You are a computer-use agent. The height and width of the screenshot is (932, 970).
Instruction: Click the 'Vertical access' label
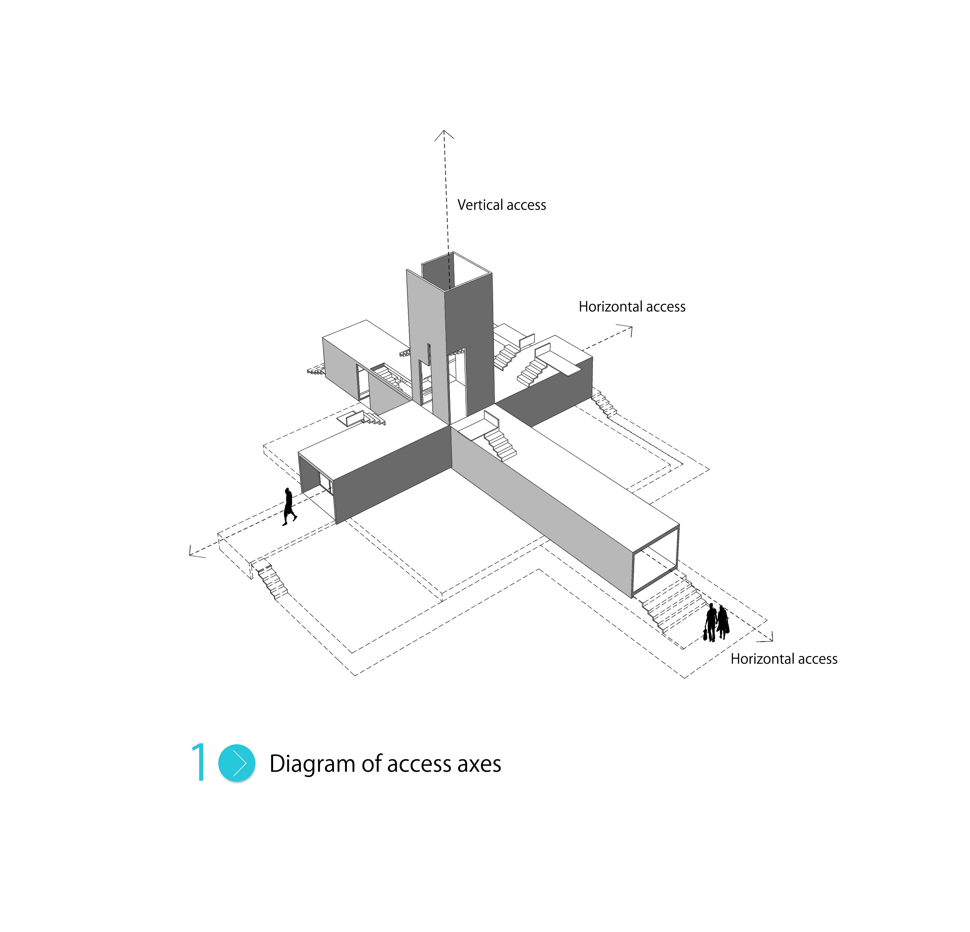pos(501,205)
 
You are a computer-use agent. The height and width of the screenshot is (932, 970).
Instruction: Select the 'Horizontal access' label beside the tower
pos(632,307)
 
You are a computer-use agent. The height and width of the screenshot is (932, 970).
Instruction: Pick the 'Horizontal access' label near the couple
pos(784,659)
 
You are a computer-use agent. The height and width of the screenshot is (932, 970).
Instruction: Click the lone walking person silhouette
pos(289,507)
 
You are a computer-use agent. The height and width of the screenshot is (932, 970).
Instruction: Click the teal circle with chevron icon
pos(236,763)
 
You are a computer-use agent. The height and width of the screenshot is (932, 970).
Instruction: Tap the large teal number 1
pos(199,762)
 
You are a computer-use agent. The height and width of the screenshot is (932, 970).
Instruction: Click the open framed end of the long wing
pos(655,561)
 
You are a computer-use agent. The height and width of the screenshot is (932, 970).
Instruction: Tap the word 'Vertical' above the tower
pos(477,205)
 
